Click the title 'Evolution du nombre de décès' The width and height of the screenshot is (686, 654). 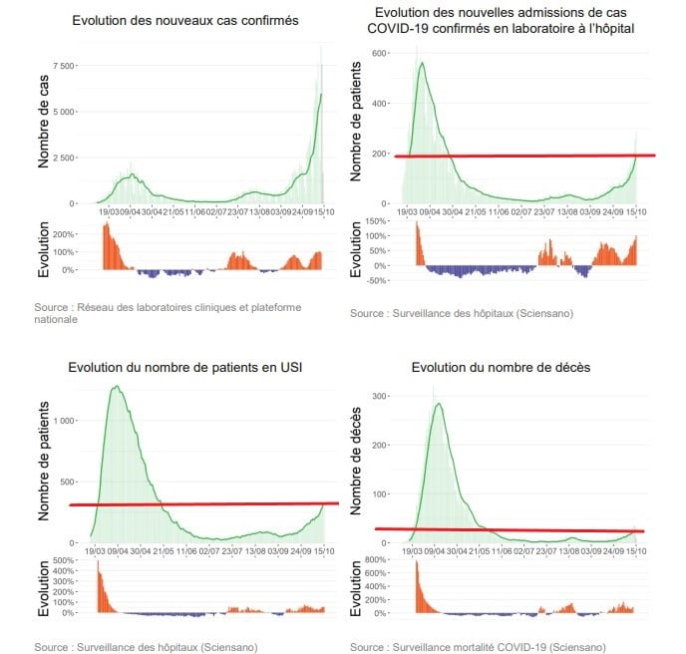501,368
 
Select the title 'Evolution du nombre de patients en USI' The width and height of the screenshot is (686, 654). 184,368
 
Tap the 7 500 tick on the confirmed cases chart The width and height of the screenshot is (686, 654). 65,66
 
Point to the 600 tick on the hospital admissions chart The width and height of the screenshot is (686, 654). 381,52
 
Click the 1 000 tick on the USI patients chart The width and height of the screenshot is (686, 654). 63,421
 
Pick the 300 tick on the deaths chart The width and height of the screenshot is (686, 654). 380,396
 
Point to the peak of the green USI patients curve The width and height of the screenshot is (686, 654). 117,387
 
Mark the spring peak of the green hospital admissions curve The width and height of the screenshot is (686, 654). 422,64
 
